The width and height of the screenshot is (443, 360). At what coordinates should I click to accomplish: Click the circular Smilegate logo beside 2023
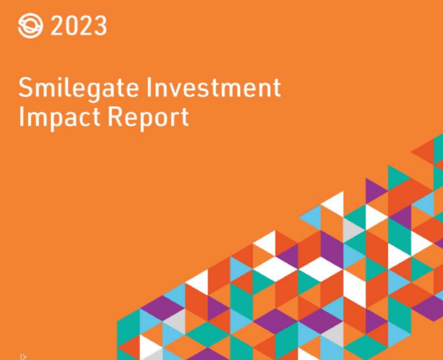click(x=30, y=26)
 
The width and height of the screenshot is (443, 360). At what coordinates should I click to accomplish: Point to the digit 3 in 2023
click(x=100, y=26)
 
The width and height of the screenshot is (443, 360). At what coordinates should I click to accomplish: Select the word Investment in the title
click(x=213, y=87)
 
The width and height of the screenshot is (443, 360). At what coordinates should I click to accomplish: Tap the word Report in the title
click(x=148, y=118)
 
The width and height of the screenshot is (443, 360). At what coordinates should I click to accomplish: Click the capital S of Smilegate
click(x=26, y=87)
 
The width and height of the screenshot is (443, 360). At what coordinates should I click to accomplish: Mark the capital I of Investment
click(x=148, y=87)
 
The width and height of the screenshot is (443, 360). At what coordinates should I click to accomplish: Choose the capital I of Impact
click(x=21, y=116)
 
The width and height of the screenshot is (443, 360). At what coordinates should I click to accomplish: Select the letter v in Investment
click(x=176, y=90)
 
